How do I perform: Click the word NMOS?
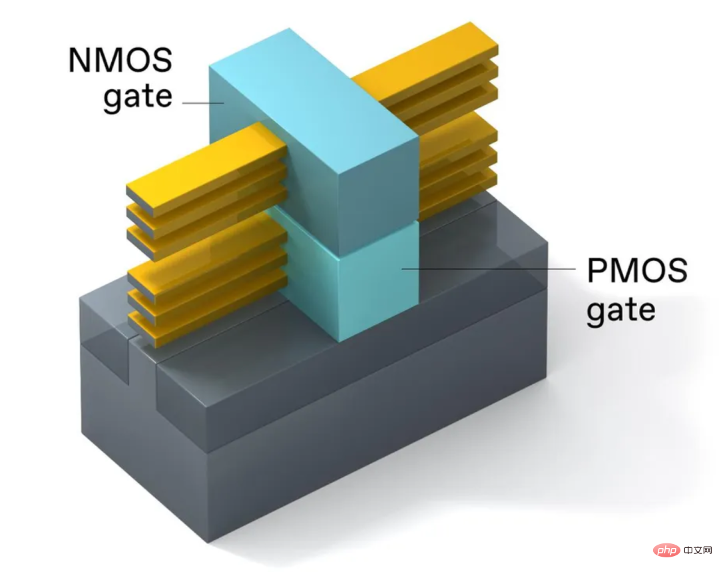120,60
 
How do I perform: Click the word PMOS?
637,270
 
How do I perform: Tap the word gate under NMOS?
138,97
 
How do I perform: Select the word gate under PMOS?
621,311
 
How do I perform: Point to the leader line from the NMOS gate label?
203,103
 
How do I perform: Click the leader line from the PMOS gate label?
489,269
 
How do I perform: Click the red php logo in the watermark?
666,550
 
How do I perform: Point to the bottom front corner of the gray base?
208,543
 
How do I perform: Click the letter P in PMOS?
597,270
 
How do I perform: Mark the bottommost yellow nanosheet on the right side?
459,192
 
